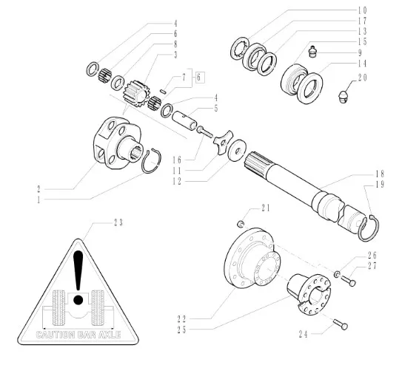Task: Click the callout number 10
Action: coord(363,10)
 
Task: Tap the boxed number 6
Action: coord(198,78)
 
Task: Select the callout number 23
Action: coord(118,223)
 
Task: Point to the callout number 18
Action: coord(380,174)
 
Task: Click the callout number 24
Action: coord(303,334)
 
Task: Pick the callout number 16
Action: coord(177,160)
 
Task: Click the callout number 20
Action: coord(363,78)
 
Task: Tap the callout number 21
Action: coord(265,208)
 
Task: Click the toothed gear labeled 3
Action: coord(136,93)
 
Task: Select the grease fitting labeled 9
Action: coord(312,52)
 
